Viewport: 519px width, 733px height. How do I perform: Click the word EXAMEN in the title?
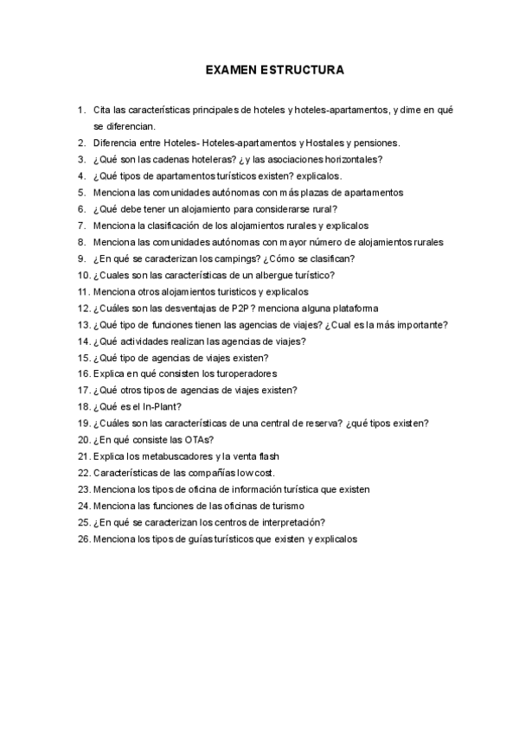point(229,68)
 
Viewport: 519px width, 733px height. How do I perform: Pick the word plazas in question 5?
point(311,192)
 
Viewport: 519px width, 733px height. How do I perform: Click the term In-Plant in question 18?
point(159,406)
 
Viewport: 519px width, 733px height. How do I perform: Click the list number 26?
point(84,539)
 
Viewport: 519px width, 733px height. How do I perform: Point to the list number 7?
point(81,225)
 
